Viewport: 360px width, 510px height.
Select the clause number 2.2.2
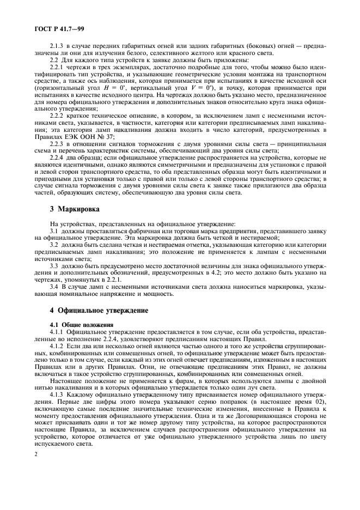[x=56, y=117]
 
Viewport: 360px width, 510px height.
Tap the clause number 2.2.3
[x=56, y=144]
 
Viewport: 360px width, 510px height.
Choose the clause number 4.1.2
[x=56, y=345]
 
